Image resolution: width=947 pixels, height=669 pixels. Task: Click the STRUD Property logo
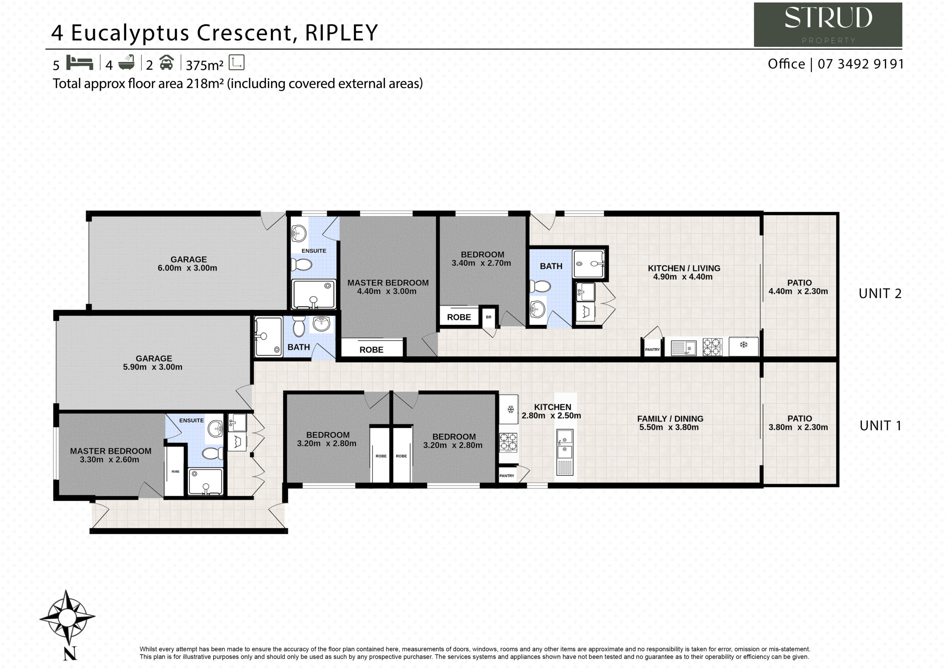point(828,25)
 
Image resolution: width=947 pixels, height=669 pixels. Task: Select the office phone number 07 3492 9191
point(861,64)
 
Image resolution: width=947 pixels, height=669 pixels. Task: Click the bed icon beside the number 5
point(80,63)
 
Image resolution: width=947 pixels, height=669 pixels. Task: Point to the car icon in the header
point(166,63)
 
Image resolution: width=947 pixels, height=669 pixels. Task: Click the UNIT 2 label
point(880,293)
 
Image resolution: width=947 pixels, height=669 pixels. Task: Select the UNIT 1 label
point(880,425)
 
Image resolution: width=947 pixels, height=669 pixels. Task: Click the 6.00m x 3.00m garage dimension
point(187,268)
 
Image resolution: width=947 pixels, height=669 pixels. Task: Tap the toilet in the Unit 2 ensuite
point(301,264)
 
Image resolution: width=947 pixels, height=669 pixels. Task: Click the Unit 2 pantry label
point(652,350)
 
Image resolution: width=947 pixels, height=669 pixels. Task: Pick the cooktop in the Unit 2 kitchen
point(712,347)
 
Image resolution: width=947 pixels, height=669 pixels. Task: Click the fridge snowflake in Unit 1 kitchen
point(510,409)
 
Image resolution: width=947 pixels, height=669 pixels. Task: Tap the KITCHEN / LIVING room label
point(684,268)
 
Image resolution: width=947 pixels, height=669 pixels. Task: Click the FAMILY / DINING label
point(670,419)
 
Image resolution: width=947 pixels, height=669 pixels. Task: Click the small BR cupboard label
point(489,317)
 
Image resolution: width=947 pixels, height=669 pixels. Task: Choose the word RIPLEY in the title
point(341,33)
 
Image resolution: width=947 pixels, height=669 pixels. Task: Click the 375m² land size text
point(205,65)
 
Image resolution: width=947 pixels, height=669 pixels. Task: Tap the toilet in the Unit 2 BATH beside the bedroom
point(540,286)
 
